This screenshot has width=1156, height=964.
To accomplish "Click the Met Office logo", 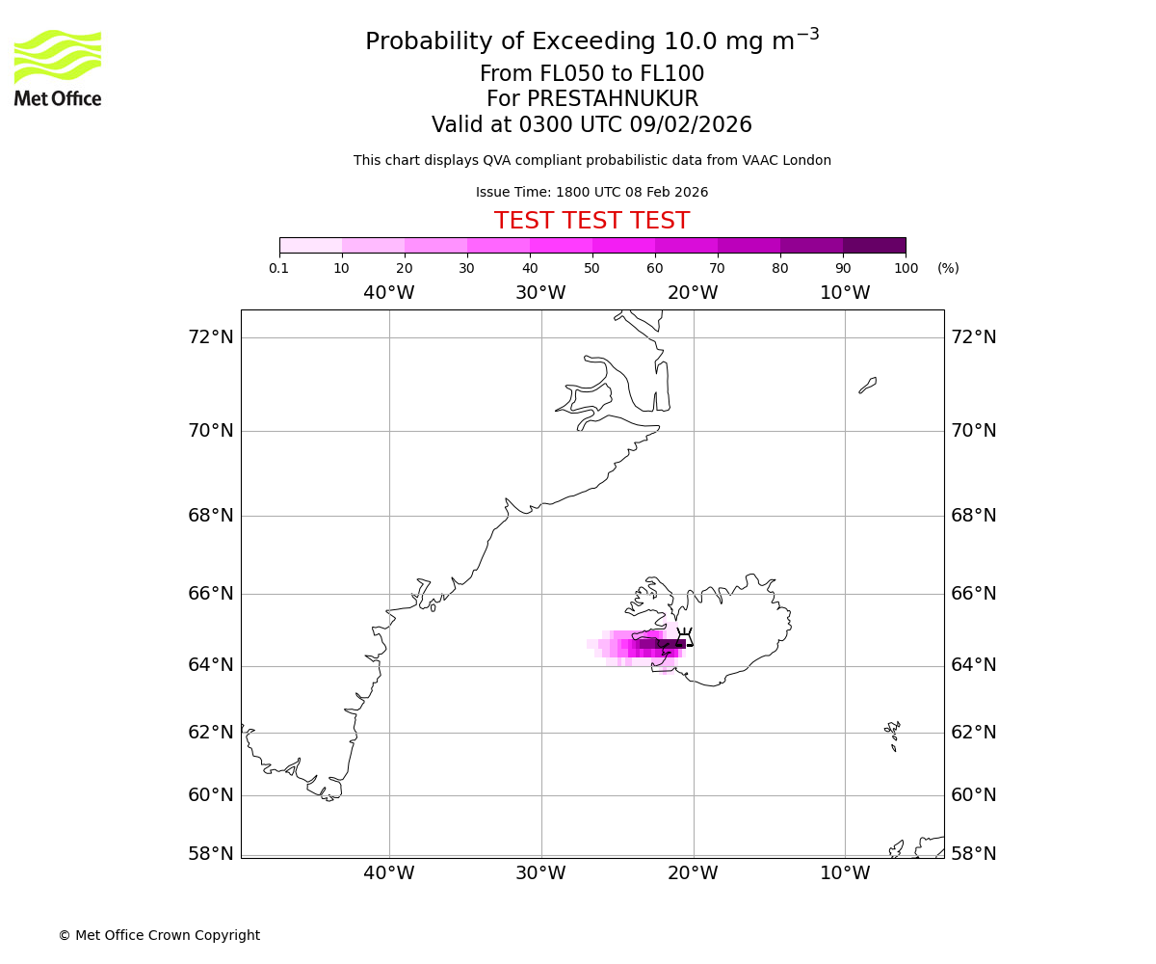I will tap(58, 67).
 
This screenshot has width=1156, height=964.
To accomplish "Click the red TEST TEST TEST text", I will tap(591, 222).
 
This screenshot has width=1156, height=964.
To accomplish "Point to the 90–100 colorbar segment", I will tap(874, 245).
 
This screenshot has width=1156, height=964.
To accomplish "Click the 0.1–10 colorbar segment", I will tap(310, 245).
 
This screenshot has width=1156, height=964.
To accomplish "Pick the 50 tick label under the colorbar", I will tap(591, 268).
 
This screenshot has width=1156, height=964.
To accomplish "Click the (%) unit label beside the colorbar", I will tap(948, 268).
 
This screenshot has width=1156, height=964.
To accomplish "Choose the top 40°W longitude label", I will tap(388, 293).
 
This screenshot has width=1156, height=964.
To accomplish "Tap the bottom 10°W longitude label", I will tap(845, 873).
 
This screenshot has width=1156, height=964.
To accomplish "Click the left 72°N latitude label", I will tap(211, 337).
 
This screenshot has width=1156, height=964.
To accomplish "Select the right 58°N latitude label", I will tap(974, 854).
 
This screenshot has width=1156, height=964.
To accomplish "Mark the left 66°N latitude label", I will tap(211, 594).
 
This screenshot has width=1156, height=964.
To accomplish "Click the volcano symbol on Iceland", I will tap(685, 636).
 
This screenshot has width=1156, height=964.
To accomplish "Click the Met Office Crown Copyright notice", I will tap(159, 935).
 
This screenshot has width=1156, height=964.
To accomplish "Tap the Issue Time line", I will tap(591, 193).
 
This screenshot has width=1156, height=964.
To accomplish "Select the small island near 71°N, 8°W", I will tap(868, 385).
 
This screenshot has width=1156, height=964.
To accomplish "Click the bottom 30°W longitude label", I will tap(540, 873).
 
